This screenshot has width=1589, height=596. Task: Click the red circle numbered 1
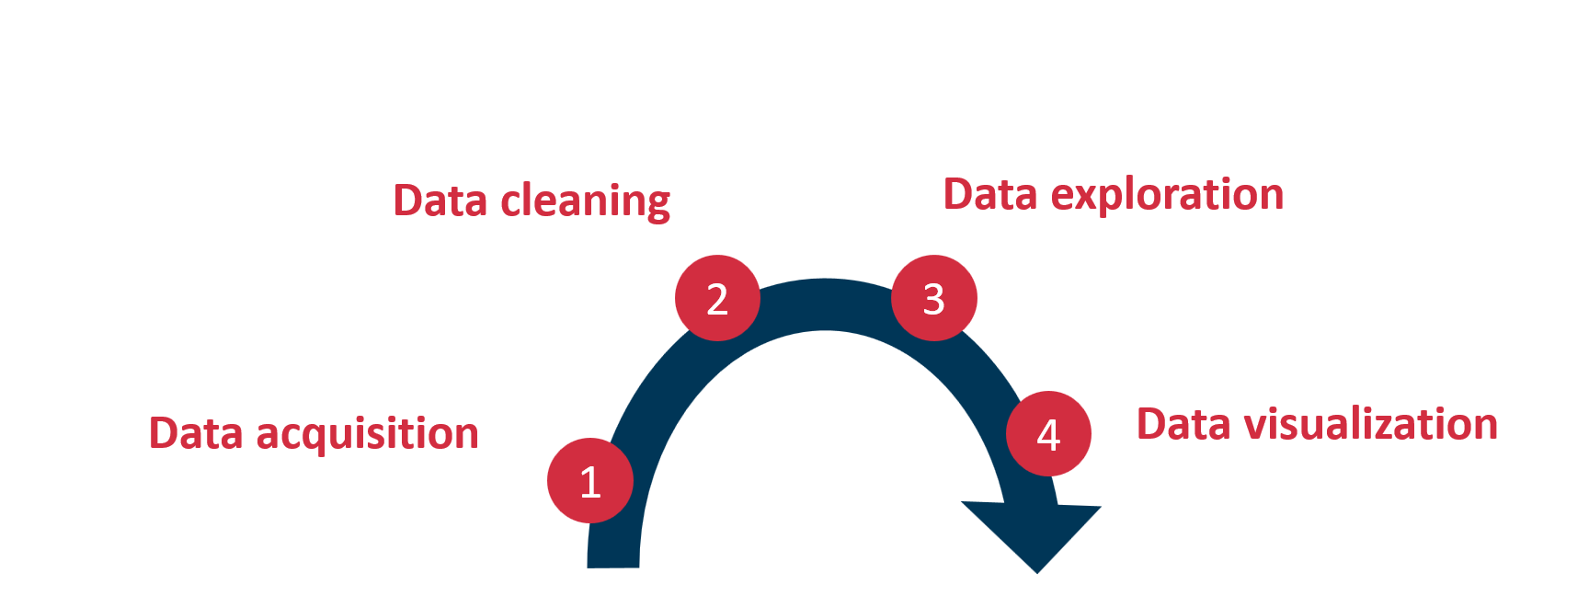(x=589, y=480)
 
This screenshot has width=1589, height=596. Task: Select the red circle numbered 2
(x=717, y=298)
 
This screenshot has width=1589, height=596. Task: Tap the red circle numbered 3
(x=934, y=298)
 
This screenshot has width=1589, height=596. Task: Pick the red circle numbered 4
(x=1048, y=433)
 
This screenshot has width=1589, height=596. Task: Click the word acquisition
(x=367, y=434)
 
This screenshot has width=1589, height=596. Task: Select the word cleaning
(x=585, y=201)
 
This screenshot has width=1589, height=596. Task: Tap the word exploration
(x=1167, y=195)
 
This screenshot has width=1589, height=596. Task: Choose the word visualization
(x=1370, y=424)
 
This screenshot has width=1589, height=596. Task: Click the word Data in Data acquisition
(x=196, y=433)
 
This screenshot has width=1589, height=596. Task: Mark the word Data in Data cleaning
(x=440, y=201)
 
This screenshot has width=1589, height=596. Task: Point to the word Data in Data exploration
(x=990, y=195)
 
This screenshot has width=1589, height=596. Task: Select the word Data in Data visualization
(x=1183, y=424)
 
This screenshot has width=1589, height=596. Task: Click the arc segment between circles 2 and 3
(x=825, y=304)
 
